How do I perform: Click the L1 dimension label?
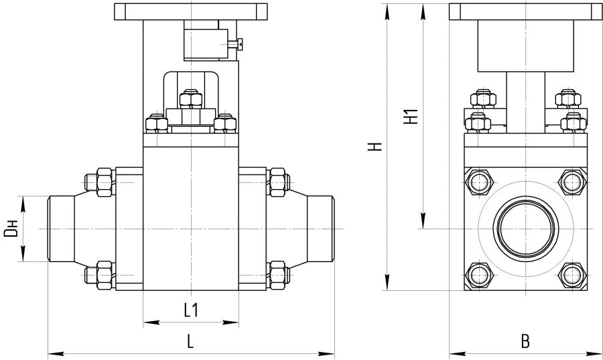(x=191, y=310)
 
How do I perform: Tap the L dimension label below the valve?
(x=190, y=341)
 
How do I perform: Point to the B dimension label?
(x=525, y=341)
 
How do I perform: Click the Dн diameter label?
(x=11, y=229)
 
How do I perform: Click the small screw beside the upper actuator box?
(x=235, y=44)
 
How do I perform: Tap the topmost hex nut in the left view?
(x=191, y=99)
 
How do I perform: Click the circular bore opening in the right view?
(x=526, y=229)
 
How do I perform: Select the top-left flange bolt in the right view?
(x=478, y=182)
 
